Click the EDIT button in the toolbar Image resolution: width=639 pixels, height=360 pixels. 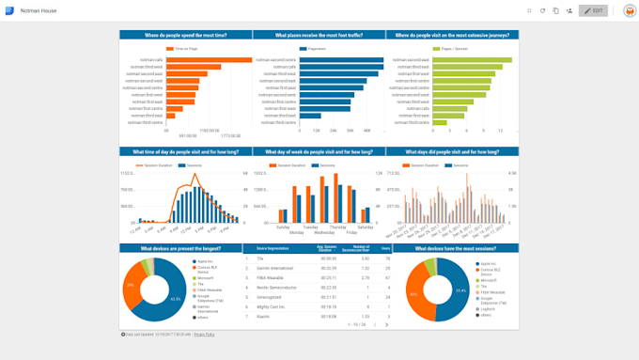coord(594,10)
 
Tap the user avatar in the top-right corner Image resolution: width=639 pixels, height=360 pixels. coord(629,10)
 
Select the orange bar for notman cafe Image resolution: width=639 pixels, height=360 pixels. coord(209,59)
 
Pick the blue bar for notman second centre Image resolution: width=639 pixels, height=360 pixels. coord(341,59)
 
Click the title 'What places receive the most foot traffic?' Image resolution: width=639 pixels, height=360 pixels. coord(319,35)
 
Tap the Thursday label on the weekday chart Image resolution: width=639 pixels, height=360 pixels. coord(337,227)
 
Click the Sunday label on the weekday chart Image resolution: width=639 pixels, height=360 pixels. coord(282,227)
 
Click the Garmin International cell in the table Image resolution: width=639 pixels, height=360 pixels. coord(276,268)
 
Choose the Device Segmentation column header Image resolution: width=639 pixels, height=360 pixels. coord(273,249)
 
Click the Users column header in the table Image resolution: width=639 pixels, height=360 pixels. coord(385,249)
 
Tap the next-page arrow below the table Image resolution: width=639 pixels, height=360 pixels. coord(387,324)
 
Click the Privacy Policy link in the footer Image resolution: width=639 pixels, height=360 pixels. coord(204,334)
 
